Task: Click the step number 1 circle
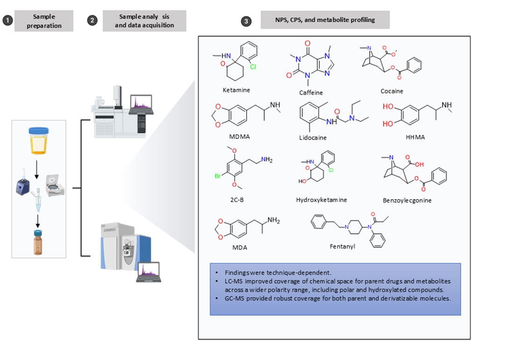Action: pyautogui.click(x=7, y=21)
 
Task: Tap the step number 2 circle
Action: pyautogui.click(x=93, y=21)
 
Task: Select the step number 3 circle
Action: pyautogui.click(x=246, y=22)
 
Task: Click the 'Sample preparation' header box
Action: pyautogui.click(x=44, y=21)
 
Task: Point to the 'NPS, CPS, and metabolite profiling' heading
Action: pyautogui.click(x=325, y=20)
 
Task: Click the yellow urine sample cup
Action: pyautogui.click(x=39, y=140)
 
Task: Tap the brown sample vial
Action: pyautogui.click(x=38, y=243)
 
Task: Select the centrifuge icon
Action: pyautogui.click(x=55, y=185)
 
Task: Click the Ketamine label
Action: pyautogui.click(x=236, y=90)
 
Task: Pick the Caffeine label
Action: pyautogui.click(x=311, y=93)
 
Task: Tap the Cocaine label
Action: pyautogui.click(x=392, y=91)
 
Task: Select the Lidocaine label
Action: pyautogui.click(x=313, y=138)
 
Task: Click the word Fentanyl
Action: pyautogui.click(x=343, y=246)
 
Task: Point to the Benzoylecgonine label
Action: pyautogui.click(x=407, y=200)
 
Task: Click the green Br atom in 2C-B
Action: pyautogui.click(x=218, y=176)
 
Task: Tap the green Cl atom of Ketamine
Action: pyautogui.click(x=253, y=66)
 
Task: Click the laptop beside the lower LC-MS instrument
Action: pyautogui.click(x=149, y=272)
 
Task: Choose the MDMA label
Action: pyautogui.click(x=240, y=137)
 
